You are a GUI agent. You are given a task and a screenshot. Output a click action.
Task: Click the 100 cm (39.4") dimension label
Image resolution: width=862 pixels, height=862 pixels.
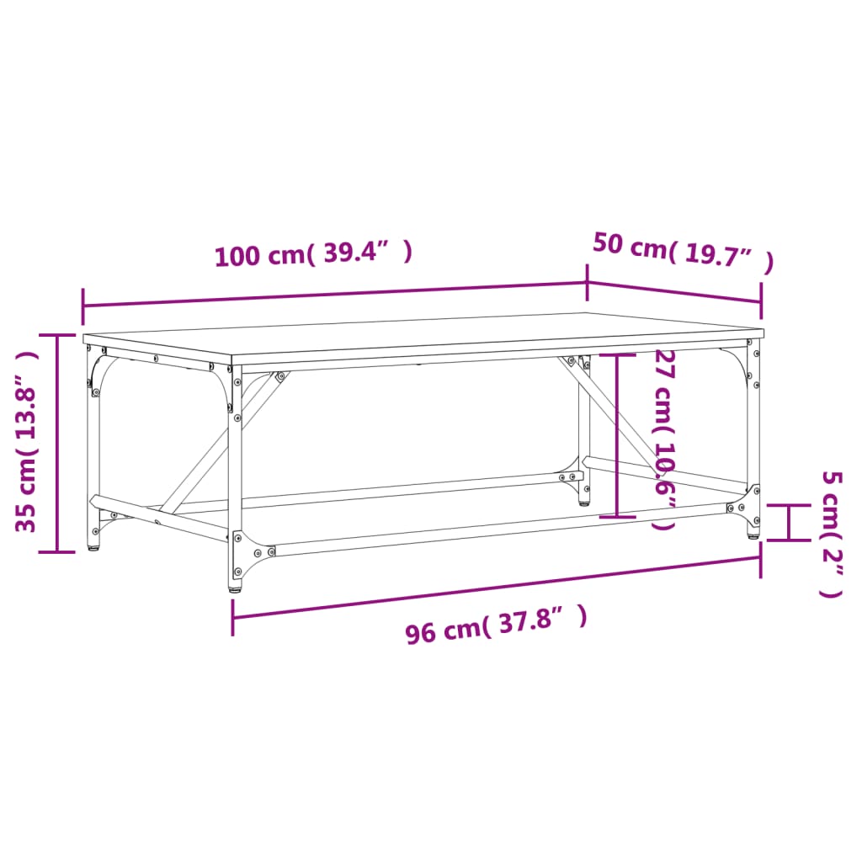click(x=313, y=253)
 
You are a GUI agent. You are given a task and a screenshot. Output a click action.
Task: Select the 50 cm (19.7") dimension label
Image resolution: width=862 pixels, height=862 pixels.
click(x=682, y=252)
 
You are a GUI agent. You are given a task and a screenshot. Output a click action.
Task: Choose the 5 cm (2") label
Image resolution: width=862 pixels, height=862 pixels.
click(x=831, y=534)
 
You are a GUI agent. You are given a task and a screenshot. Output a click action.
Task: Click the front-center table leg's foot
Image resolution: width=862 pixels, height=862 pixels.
click(x=235, y=586)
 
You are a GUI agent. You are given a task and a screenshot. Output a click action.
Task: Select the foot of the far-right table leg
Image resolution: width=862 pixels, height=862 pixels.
click(x=753, y=533)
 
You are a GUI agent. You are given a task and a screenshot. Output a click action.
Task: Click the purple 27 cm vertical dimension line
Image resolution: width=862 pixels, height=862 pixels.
click(x=619, y=436)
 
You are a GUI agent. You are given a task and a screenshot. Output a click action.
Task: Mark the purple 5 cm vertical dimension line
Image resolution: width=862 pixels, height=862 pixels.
click(x=788, y=522)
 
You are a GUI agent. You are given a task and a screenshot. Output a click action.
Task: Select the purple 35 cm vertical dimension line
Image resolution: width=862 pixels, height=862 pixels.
click(x=57, y=442)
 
